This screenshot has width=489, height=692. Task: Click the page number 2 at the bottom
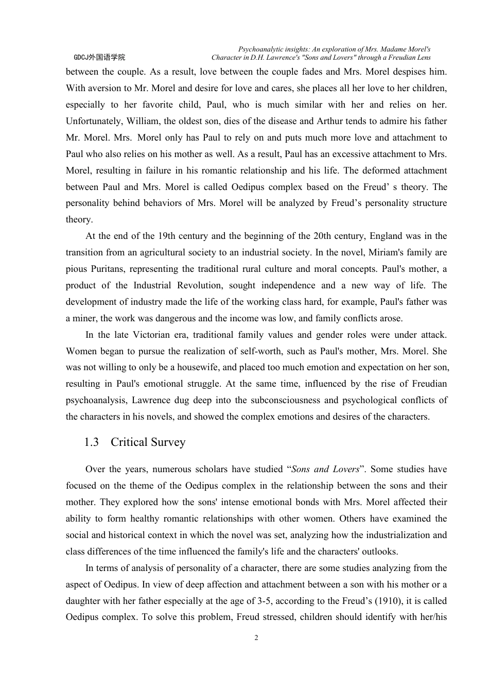pos(256,638)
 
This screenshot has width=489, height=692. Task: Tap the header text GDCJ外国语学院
pos(99,58)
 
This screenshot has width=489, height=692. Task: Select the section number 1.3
pos(92,442)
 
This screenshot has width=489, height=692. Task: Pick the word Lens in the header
pos(423,58)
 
